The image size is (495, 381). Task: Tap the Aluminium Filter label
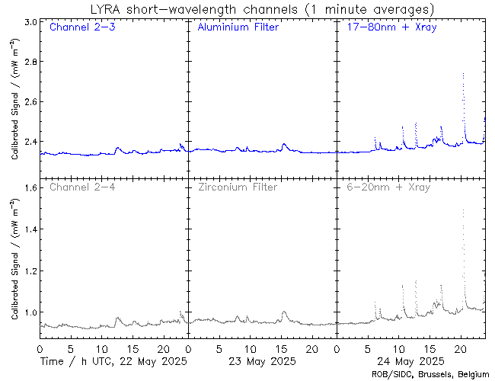(238, 28)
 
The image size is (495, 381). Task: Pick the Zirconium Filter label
(238, 187)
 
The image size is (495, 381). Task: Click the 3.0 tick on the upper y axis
(28, 23)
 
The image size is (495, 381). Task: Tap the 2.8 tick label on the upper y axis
(28, 62)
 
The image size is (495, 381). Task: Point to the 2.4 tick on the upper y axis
(28, 142)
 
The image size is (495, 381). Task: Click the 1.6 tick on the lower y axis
(28, 187)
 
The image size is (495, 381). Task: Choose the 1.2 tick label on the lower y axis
(28, 271)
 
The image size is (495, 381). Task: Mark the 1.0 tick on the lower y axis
(28, 312)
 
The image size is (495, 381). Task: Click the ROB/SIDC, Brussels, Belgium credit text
(430, 374)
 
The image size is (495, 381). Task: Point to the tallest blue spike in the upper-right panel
(463, 75)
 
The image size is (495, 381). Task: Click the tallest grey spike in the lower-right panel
(463, 211)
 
